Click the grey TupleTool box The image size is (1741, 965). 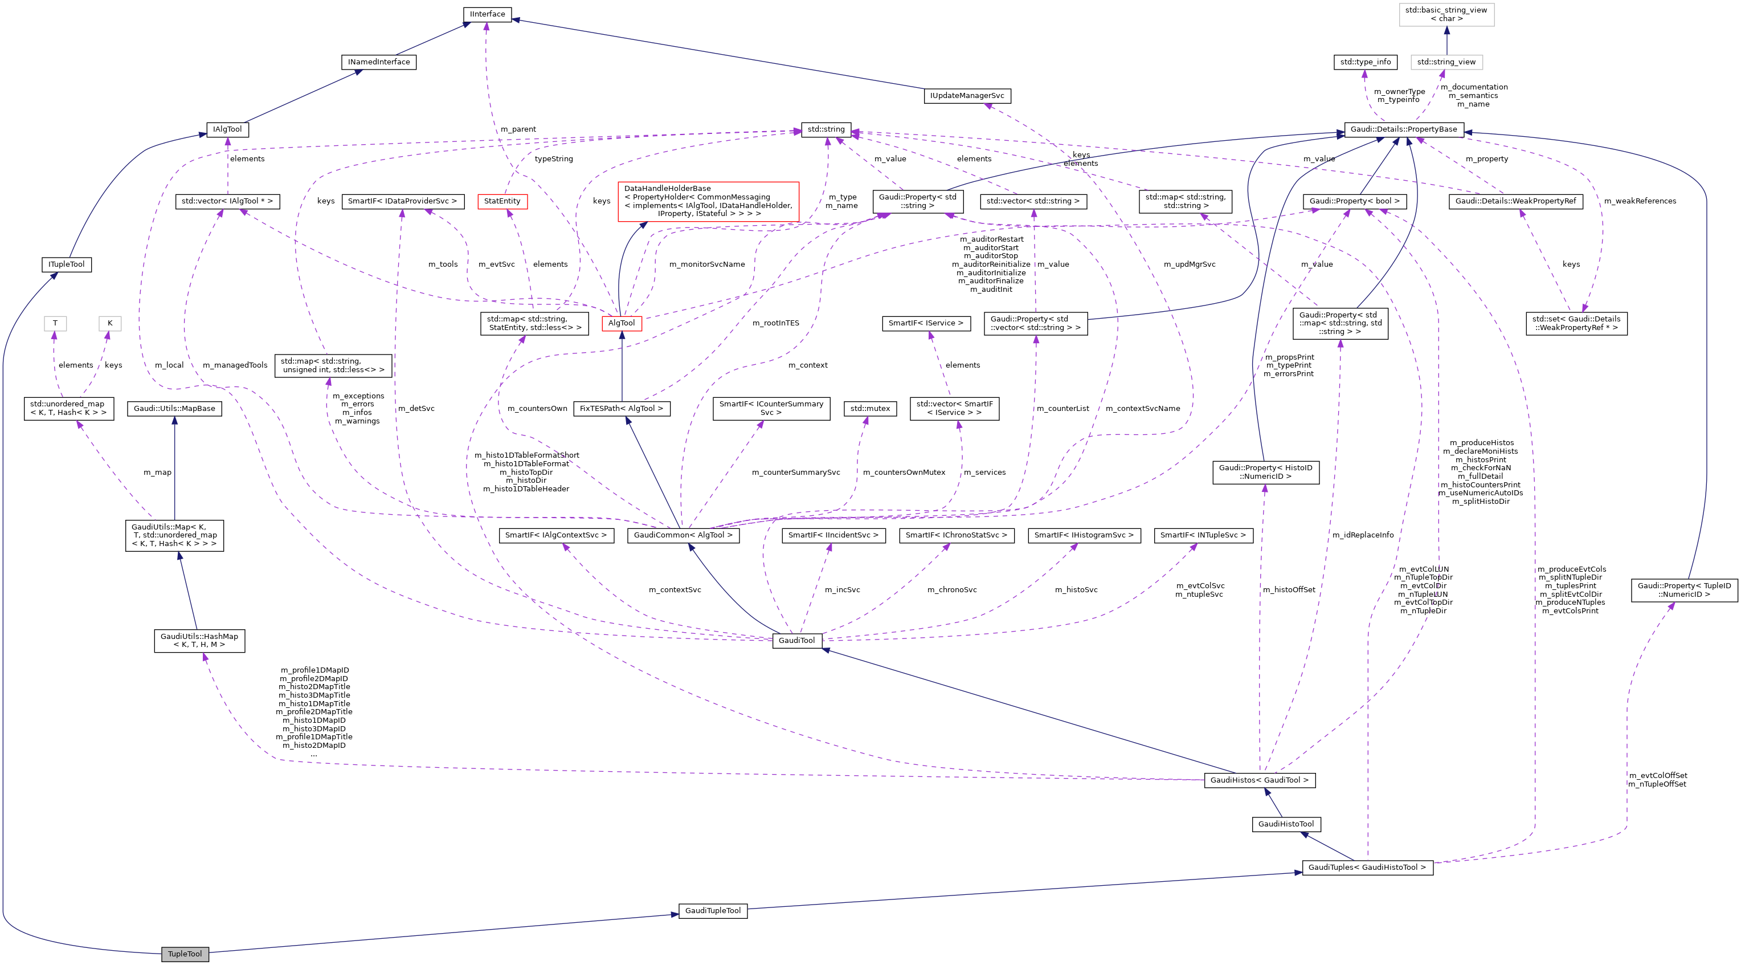click(x=185, y=954)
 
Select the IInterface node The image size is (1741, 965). click(x=487, y=14)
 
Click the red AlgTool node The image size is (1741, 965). click(x=621, y=323)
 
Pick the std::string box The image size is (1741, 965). click(x=826, y=129)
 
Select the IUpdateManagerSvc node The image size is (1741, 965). click(x=967, y=96)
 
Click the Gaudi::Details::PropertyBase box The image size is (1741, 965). click(x=1403, y=129)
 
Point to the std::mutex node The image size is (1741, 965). click(x=870, y=409)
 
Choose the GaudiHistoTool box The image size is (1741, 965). click(x=1285, y=824)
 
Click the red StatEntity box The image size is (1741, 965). click(x=502, y=202)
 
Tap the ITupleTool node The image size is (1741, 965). click(x=66, y=264)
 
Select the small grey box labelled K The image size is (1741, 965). click(x=109, y=323)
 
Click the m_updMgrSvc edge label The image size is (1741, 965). click(x=1189, y=264)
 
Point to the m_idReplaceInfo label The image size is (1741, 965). click(x=1363, y=535)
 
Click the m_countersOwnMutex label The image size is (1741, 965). click(x=904, y=472)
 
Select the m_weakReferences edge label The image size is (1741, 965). click(x=1640, y=201)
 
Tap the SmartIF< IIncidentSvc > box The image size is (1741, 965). click(x=833, y=535)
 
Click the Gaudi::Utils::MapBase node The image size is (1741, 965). click(x=174, y=409)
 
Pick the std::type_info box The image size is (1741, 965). click(x=1365, y=62)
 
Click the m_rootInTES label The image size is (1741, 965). click(x=775, y=323)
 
